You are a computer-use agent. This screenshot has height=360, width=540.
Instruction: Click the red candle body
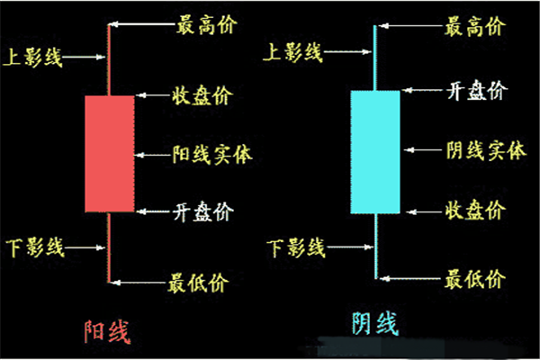pyautogui.click(x=109, y=153)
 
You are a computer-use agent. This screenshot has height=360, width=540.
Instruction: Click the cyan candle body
pyautogui.click(x=374, y=151)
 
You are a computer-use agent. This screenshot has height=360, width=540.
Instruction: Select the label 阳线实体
pyautogui.click(x=211, y=153)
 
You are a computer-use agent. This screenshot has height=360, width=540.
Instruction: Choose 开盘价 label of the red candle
pyautogui.click(x=202, y=212)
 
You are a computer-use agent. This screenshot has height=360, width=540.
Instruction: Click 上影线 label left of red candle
pyautogui.click(x=32, y=57)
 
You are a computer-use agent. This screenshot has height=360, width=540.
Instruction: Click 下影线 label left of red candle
pyautogui.click(x=32, y=245)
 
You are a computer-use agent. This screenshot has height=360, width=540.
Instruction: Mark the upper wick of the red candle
pyautogui.click(x=109, y=58)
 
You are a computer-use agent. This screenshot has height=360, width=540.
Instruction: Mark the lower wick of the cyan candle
pyautogui.click(x=374, y=245)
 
